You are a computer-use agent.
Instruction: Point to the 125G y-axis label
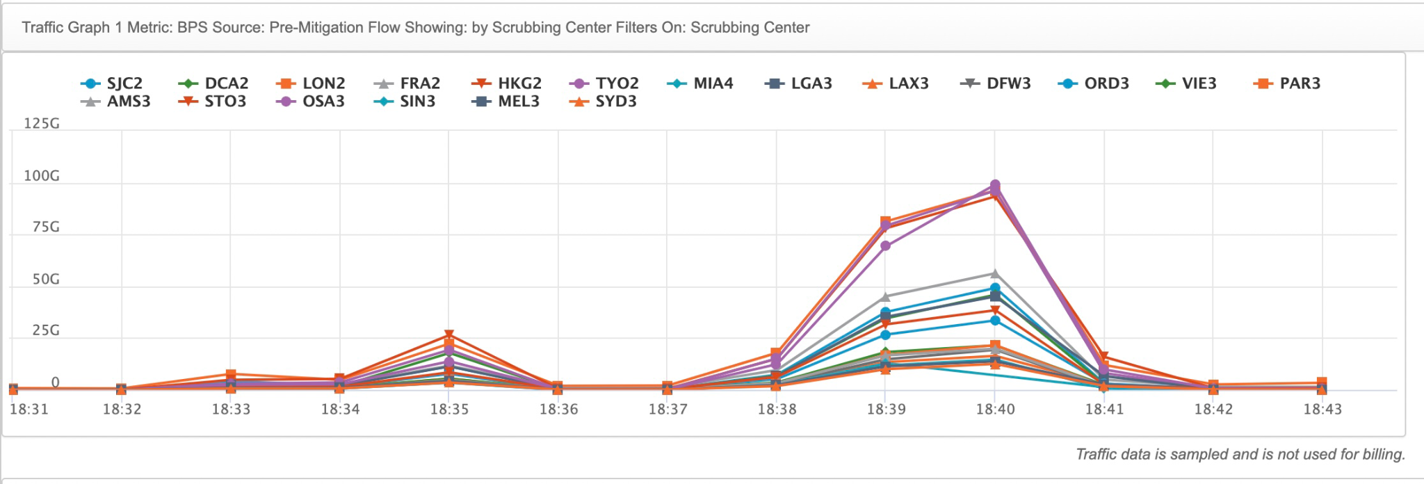(42, 124)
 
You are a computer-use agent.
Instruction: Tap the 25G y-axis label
(46, 330)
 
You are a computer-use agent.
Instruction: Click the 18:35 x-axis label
(449, 410)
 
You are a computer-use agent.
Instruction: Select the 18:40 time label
(995, 410)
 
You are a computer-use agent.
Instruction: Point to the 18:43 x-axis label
(1322, 410)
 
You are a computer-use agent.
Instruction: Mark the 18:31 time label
(29, 410)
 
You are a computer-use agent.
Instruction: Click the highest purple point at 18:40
(995, 185)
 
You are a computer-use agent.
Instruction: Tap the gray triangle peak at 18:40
(995, 274)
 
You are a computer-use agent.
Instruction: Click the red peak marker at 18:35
(449, 335)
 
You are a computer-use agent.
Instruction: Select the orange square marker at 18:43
(1322, 382)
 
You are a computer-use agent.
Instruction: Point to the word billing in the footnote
(1382, 454)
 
